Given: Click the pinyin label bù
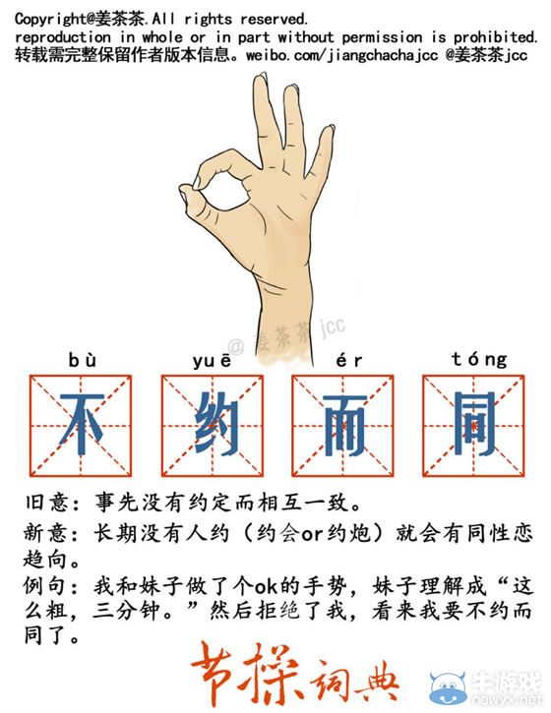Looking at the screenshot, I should point(84,360).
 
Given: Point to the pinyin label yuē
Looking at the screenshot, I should point(213,360).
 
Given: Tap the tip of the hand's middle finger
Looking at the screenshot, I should point(264,81).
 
